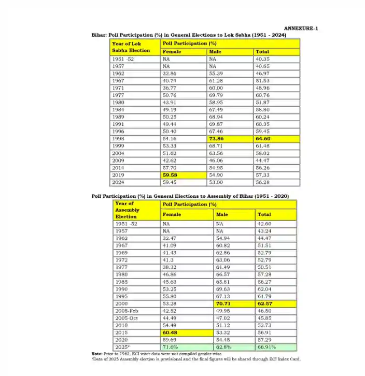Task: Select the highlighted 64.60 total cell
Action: click(263, 139)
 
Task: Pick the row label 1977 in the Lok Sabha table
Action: click(118, 95)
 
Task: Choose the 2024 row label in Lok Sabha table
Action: click(118, 182)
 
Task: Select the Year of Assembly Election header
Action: click(128, 210)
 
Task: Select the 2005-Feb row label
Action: click(125, 310)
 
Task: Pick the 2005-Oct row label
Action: click(125, 317)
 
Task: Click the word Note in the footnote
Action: click(96, 354)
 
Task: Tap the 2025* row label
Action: click(122, 346)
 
